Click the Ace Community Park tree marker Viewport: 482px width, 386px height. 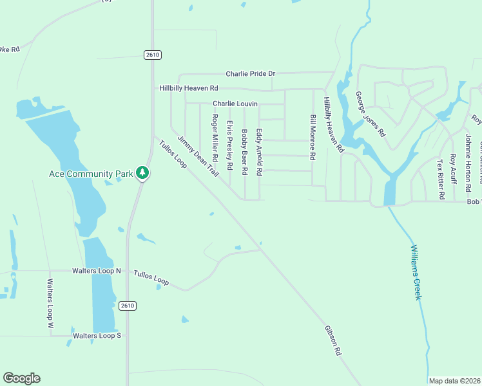(142, 173)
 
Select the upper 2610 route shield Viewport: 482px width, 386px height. (153, 55)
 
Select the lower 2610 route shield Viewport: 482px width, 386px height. (127, 306)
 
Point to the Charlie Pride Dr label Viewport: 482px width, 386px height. (250, 75)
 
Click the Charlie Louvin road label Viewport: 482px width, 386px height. (235, 104)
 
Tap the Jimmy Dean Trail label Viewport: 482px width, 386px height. (198, 156)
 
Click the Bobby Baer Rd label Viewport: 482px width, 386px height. (245, 152)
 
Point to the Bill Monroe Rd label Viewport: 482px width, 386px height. (313, 138)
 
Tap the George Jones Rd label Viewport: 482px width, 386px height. (370, 114)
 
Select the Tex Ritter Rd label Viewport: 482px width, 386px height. (441, 178)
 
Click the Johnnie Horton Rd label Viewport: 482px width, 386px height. (469, 161)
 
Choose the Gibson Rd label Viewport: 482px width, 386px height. (333, 341)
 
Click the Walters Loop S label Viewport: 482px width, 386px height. (97, 336)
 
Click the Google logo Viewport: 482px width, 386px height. (21, 378)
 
